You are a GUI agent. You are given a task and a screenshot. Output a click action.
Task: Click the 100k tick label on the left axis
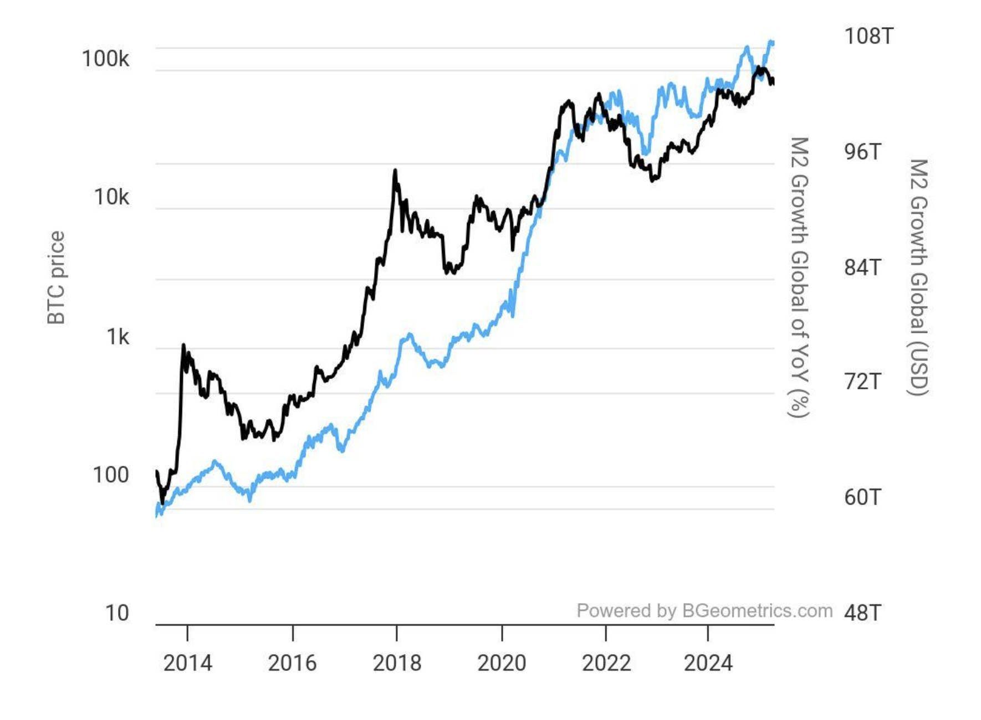(x=105, y=58)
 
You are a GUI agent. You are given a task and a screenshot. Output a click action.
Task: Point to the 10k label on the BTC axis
(x=111, y=197)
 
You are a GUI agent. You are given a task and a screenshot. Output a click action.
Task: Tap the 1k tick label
(x=117, y=336)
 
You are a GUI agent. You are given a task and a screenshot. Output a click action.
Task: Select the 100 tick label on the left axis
(x=110, y=475)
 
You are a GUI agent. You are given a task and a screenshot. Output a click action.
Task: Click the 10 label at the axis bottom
(x=117, y=613)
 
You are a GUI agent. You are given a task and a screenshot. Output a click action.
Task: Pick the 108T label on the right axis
(x=868, y=36)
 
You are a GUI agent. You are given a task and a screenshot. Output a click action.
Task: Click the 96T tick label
(x=862, y=151)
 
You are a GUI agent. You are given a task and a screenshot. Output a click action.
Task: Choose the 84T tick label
(x=862, y=267)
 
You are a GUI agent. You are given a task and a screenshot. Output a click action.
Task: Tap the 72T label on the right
(x=862, y=382)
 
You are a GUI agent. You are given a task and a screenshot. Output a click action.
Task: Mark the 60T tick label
(x=862, y=497)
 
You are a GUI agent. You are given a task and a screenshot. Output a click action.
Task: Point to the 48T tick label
(x=862, y=613)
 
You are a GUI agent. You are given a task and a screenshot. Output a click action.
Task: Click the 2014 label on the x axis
(x=187, y=663)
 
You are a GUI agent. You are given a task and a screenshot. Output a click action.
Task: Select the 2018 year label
(x=397, y=663)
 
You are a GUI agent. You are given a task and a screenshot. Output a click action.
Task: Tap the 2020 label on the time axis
(x=502, y=663)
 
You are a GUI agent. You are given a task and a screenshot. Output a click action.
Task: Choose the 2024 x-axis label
(x=708, y=663)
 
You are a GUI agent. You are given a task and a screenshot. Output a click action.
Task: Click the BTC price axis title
(x=57, y=277)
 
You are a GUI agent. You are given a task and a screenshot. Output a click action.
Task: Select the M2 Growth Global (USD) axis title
(x=918, y=277)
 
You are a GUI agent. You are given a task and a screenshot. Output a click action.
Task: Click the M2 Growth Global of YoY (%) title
(x=799, y=277)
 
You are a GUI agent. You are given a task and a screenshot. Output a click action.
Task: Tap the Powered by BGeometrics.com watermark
(x=704, y=610)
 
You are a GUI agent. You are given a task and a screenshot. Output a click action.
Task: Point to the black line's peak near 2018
(x=395, y=171)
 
